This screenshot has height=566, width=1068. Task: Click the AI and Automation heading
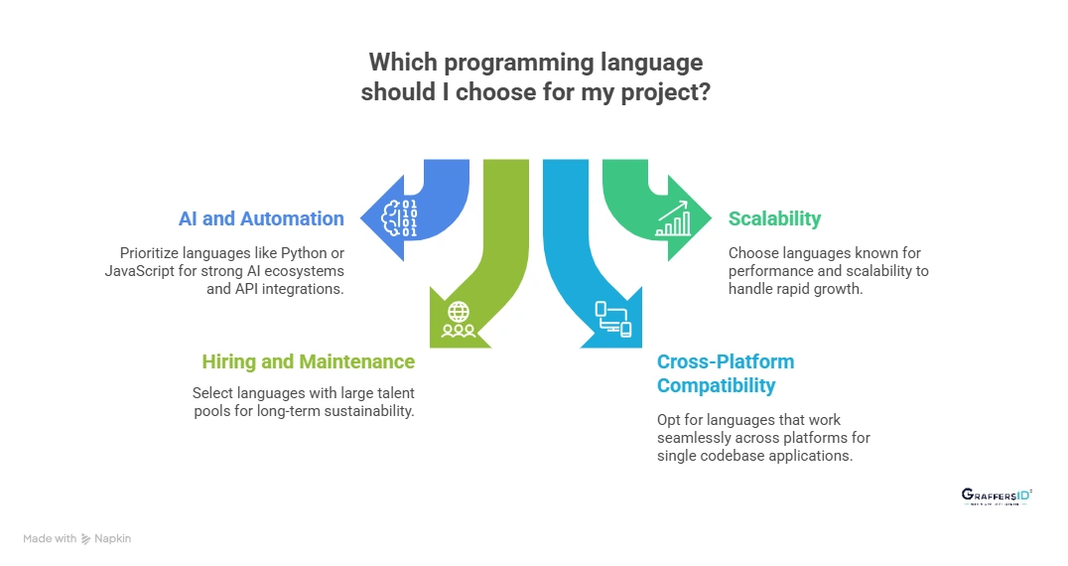[261, 218]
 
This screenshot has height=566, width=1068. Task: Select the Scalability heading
[774, 218]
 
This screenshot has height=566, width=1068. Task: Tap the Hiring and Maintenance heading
[308, 361]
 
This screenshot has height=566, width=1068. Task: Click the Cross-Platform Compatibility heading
[726, 372]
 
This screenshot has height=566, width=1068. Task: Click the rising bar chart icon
[674, 219]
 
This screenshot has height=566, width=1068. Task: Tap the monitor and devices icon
[612, 319]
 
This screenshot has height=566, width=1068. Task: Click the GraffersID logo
[996, 496]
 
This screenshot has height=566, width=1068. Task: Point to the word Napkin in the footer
[114, 538]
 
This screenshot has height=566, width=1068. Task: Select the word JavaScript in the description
[141, 271]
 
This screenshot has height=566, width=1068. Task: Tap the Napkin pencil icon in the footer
[87, 538]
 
